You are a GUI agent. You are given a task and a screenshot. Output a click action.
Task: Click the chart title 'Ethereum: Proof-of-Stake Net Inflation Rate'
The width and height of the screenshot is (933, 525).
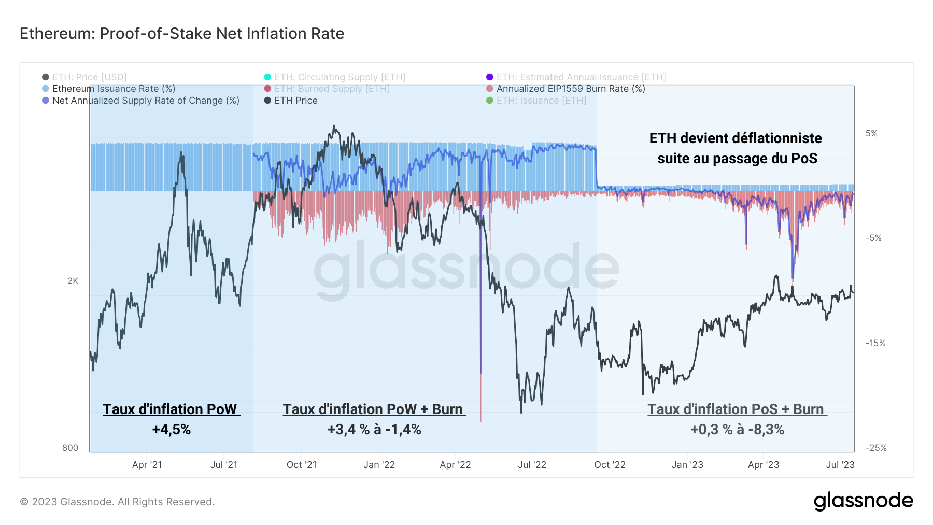point(182,34)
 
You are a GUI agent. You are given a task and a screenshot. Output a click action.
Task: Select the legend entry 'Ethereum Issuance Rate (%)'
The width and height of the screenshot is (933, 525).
point(114,89)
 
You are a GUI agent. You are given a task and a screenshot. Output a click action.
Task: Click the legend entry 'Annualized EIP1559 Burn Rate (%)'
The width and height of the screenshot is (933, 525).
point(570,89)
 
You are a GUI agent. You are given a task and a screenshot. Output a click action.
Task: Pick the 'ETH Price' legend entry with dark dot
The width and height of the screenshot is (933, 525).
point(295,101)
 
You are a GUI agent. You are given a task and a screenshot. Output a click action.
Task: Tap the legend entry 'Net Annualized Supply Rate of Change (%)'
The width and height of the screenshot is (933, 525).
point(145,101)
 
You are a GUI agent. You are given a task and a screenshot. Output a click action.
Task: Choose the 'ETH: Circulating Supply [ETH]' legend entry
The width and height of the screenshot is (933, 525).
point(340,77)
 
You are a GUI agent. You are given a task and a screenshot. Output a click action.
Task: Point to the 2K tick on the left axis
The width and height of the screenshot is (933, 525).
point(73,281)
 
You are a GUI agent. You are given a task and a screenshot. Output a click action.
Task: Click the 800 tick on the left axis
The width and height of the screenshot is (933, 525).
point(70,448)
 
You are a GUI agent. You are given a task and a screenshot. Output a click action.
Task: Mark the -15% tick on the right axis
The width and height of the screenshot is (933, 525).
point(875,343)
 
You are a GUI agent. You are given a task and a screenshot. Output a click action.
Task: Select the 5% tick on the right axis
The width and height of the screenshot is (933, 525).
point(871,133)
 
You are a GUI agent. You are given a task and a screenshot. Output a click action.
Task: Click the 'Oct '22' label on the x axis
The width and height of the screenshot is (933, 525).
point(610,465)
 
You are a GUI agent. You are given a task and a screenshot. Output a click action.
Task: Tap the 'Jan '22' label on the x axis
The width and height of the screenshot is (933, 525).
point(379,465)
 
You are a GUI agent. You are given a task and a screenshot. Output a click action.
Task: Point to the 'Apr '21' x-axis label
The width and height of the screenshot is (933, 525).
point(147,465)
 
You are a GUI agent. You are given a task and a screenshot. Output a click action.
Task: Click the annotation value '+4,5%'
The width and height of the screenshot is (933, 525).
point(171,430)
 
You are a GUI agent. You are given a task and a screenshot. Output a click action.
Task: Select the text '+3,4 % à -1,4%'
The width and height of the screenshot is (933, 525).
point(374,430)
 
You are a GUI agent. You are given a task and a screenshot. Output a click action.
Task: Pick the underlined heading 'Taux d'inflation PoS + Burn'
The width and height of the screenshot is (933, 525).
point(736,409)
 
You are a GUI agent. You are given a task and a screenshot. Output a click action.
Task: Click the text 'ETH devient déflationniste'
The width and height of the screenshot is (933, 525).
point(736,138)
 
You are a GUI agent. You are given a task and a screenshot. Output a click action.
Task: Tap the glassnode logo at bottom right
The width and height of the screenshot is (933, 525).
point(863,501)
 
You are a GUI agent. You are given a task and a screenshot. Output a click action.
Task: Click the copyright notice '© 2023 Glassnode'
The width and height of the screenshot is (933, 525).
point(117,502)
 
